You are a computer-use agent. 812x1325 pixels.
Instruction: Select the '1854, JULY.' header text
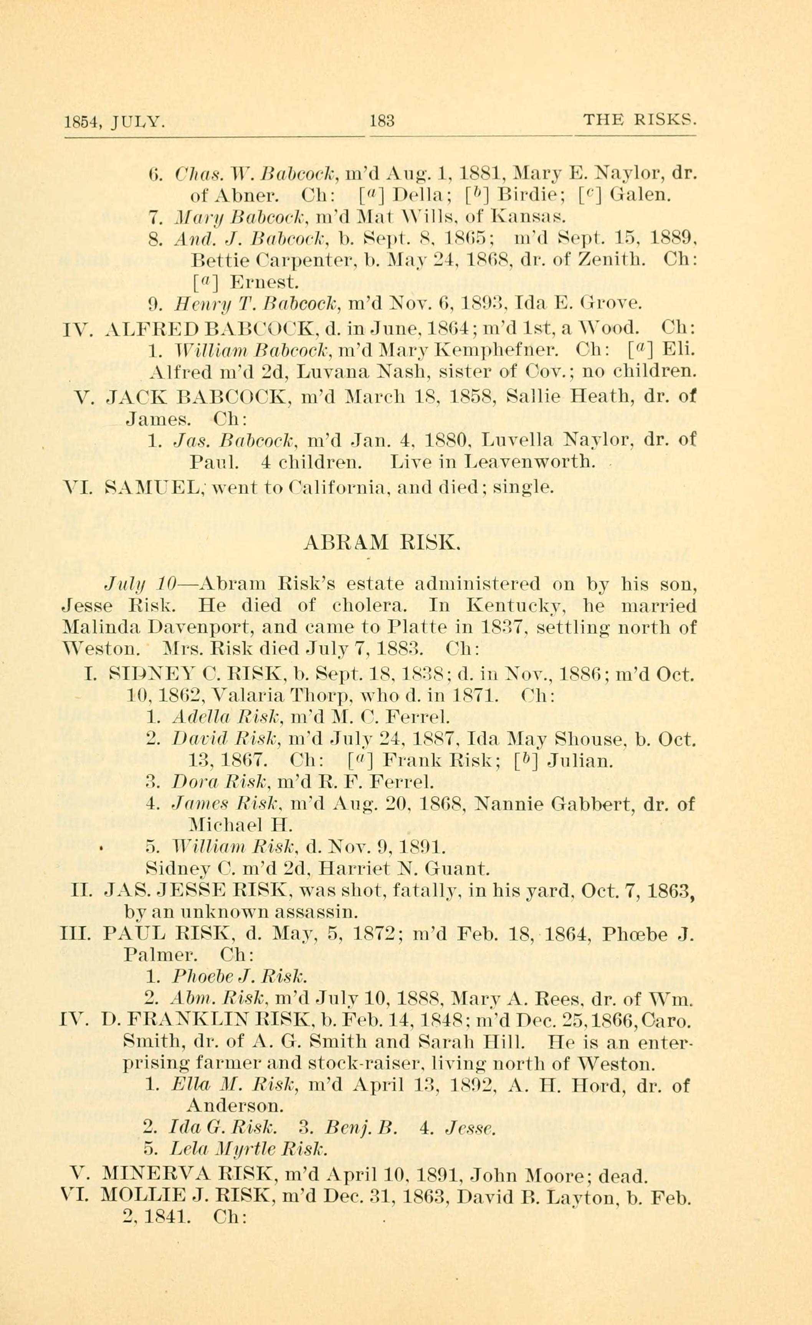pos(114,122)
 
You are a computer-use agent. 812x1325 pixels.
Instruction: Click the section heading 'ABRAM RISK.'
pos(381,544)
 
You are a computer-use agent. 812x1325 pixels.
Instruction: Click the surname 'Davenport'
pos(165,628)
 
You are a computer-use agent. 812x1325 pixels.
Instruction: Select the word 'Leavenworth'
pos(530,461)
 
